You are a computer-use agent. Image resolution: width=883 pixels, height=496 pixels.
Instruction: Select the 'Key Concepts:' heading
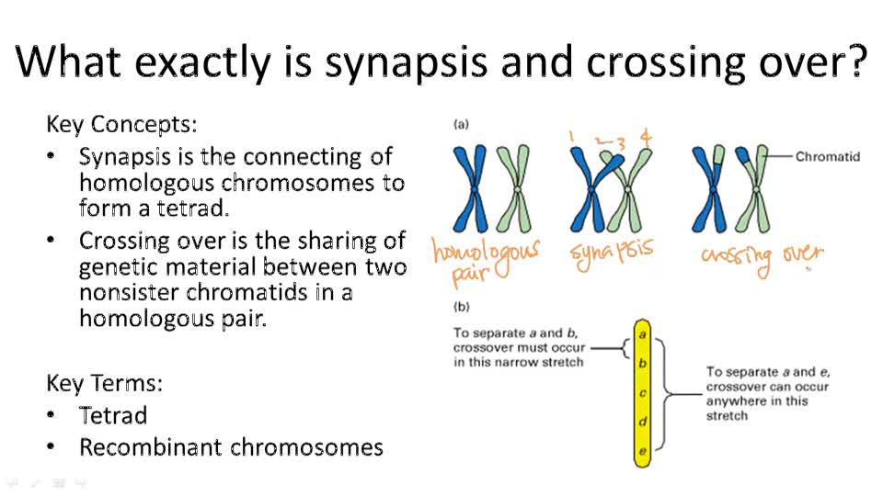pos(121,124)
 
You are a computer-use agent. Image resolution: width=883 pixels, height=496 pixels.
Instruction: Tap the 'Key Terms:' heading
pos(104,383)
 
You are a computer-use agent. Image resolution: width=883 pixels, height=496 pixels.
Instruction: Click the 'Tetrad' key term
pos(113,415)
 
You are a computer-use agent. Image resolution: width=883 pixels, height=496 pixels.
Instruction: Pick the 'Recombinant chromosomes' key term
pos(231,447)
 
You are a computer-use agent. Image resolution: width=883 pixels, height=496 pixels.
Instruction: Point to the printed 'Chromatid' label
pos(828,157)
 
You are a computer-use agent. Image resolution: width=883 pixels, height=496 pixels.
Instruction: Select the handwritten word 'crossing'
pos(736,258)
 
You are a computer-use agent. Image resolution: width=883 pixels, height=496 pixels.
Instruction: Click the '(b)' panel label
pos(461,306)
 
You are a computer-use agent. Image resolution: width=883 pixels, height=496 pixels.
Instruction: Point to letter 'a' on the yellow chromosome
pos(643,335)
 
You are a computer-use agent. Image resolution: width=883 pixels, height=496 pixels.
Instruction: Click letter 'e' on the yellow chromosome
pos(643,451)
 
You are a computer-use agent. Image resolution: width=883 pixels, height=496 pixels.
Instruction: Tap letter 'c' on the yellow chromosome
pos(643,393)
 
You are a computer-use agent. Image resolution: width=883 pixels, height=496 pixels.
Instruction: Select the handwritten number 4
pos(647,139)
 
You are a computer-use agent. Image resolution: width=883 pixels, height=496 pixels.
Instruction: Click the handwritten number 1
pos(571,138)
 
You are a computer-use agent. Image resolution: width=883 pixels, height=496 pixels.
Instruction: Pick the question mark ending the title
pos(855,62)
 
